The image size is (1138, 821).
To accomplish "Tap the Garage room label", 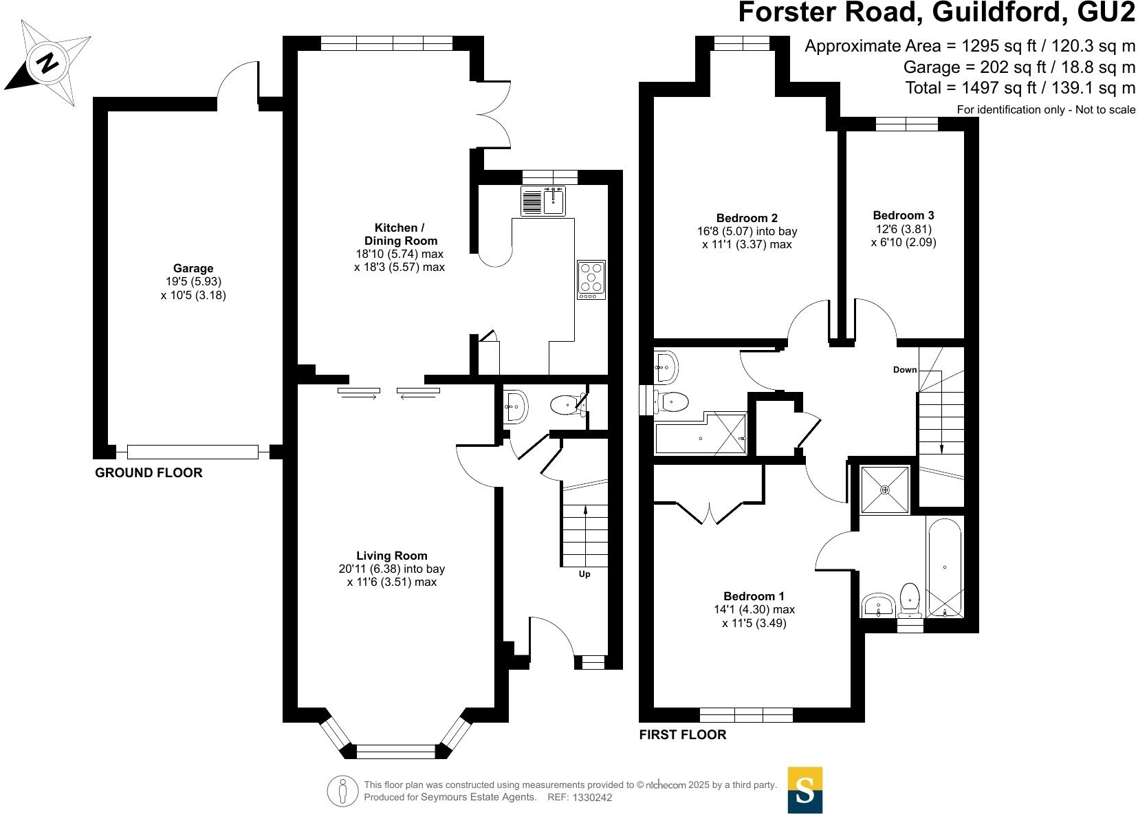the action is [193, 268].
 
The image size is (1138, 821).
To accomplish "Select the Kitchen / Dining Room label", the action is [400, 234].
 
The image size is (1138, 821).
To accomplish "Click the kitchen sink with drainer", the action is [543, 200].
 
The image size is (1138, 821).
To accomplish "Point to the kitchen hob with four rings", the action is [591, 279].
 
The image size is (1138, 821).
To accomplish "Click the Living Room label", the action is [392, 556].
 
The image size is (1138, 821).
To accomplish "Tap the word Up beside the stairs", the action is [584, 574].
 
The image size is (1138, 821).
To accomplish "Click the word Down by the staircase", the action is [905, 370].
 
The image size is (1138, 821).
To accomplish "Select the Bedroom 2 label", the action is [747, 218].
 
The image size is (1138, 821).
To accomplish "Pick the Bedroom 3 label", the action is [904, 215].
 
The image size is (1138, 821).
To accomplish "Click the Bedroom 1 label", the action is [754, 596].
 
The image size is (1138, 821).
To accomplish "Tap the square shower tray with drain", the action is [885, 490].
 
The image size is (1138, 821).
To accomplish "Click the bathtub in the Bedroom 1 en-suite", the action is [945, 567].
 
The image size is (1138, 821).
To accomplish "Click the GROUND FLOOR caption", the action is [149, 472].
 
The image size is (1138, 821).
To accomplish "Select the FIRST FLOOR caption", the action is [683, 734].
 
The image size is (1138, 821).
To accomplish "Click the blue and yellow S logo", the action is [805, 791].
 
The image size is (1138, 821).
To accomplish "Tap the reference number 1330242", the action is [592, 798].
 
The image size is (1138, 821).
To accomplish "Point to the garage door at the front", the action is [193, 452].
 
